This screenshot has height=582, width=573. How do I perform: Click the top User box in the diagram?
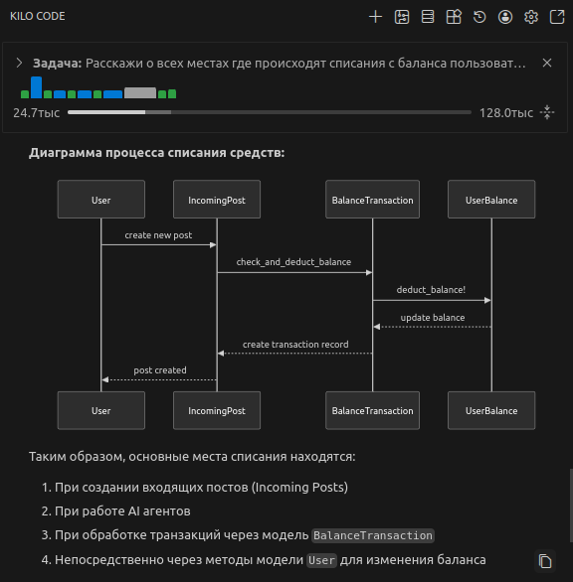100,200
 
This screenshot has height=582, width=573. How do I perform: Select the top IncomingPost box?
217,200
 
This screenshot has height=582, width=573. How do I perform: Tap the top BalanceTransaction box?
372,200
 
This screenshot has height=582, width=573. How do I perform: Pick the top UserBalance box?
491,200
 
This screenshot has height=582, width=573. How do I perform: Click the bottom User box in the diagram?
100,410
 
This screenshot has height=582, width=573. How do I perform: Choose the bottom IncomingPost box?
217,410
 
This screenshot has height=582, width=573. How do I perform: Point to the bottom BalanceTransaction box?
372,410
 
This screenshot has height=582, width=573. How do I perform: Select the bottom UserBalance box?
491,410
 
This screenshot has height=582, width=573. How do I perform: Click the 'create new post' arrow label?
158,235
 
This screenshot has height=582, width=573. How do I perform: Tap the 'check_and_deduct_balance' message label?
293,262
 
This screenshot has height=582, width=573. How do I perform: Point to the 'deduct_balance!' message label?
431,290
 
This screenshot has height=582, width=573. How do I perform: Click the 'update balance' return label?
432,318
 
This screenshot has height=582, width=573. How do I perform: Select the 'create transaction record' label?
295,345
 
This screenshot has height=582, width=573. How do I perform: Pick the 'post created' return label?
159,370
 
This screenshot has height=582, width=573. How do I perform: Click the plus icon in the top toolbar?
375,17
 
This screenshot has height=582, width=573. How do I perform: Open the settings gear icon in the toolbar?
531,17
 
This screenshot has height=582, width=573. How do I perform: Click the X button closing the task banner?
546,63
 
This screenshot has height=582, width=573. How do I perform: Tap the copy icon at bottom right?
544,561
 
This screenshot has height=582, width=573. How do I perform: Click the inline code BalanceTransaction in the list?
373,535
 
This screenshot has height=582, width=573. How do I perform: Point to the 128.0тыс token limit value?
505,112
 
